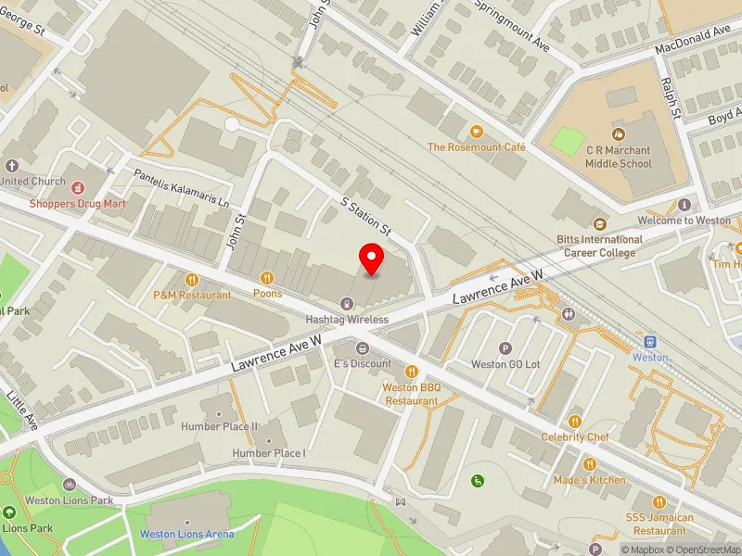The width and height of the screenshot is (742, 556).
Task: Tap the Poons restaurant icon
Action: tap(268, 277)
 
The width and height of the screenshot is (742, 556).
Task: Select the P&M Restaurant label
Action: tap(192, 295)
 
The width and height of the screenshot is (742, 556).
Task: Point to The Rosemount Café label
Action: tap(477, 147)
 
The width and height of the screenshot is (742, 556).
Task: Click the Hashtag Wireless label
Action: tap(347, 320)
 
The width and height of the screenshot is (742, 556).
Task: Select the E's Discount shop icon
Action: tap(363, 348)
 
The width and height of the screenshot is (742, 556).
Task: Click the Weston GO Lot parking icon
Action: tap(505, 348)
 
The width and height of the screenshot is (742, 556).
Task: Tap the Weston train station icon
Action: tap(650, 341)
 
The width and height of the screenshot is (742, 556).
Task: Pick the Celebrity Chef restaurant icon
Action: tap(575, 422)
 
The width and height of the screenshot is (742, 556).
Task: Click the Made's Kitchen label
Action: tap(589, 480)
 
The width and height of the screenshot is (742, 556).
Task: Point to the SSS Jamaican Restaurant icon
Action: tap(659, 500)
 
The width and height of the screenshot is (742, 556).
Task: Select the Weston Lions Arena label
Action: tap(186, 534)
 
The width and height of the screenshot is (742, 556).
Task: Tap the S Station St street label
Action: tap(366, 214)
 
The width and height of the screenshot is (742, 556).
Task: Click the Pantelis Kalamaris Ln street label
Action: tap(181, 188)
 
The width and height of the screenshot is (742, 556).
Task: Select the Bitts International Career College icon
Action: tap(599, 223)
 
